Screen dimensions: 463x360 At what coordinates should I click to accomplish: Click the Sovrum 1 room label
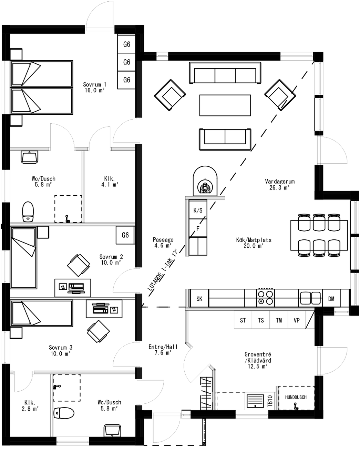(94, 88)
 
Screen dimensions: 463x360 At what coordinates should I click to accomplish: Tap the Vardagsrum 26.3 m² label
(279, 184)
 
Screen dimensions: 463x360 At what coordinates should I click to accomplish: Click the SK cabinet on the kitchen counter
(199, 299)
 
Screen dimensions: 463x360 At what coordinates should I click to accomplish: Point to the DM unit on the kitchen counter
(331, 299)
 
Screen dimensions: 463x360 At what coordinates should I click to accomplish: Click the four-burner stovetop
(265, 298)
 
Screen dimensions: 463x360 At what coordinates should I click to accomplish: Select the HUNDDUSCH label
(296, 397)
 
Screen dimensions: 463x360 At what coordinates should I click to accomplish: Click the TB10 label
(270, 401)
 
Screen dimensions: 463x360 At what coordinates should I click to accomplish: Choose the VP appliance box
(297, 320)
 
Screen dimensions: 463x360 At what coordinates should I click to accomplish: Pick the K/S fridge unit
(198, 210)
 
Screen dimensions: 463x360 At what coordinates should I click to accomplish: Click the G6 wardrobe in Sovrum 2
(125, 235)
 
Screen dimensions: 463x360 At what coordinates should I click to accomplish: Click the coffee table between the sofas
(225, 105)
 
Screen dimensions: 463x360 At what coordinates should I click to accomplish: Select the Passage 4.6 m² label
(163, 243)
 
